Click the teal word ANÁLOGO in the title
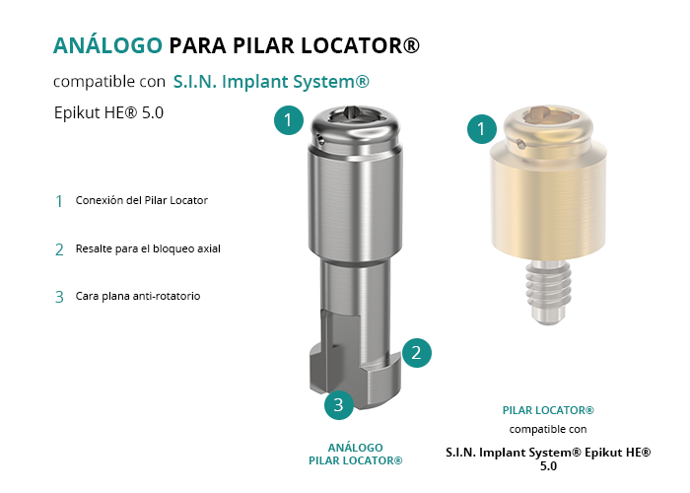107,45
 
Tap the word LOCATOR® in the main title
361,45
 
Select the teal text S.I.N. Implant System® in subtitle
271,82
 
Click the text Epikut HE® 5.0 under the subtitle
108,112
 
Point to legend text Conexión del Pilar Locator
141,200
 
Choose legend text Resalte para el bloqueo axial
148,248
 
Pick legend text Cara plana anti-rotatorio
138,296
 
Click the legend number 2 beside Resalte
59,250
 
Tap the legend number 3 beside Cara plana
59,297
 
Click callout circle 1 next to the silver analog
289,119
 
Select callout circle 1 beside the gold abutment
482,128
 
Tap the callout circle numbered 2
416,353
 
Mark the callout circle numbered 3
339,404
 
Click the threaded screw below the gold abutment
548,292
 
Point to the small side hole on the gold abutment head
520,144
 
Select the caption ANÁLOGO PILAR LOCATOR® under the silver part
356,455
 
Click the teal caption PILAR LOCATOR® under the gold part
548,410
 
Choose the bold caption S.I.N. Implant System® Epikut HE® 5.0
548,458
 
